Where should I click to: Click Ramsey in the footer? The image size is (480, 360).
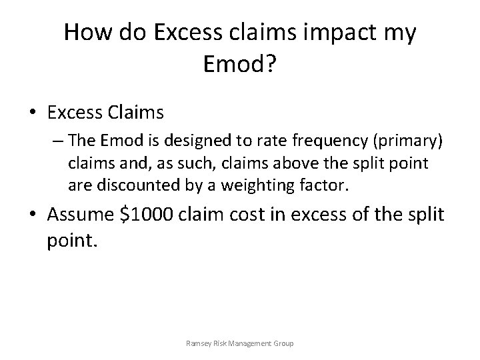pos(198,344)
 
